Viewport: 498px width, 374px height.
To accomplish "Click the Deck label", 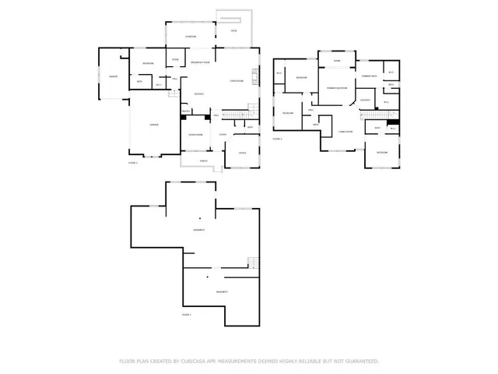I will coord(233,30).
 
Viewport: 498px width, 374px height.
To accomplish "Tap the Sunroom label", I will coord(191,37).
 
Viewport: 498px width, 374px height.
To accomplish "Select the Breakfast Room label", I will coord(200,62).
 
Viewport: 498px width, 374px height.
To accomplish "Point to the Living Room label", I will coord(237,80).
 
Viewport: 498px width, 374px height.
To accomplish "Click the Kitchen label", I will coord(199,94).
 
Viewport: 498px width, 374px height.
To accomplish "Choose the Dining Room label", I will coord(195,135).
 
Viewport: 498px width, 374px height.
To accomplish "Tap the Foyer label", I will coord(223,135).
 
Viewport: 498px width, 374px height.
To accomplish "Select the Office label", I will coord(243,153).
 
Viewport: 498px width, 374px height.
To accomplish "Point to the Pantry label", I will coord(187,111).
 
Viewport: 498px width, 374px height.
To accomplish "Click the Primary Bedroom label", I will coord(336,88).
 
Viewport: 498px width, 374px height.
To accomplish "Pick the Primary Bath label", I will coord(369,76).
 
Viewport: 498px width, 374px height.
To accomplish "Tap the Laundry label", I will coord(364,100).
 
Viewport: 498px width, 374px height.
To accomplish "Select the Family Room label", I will coord(345,132).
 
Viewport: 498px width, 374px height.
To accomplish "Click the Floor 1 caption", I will coord(187,314).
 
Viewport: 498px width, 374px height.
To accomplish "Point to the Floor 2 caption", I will coord(133,163).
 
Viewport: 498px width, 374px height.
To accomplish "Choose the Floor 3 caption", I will coord(277,138).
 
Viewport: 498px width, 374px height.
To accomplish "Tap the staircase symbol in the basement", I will coord(252,263).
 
